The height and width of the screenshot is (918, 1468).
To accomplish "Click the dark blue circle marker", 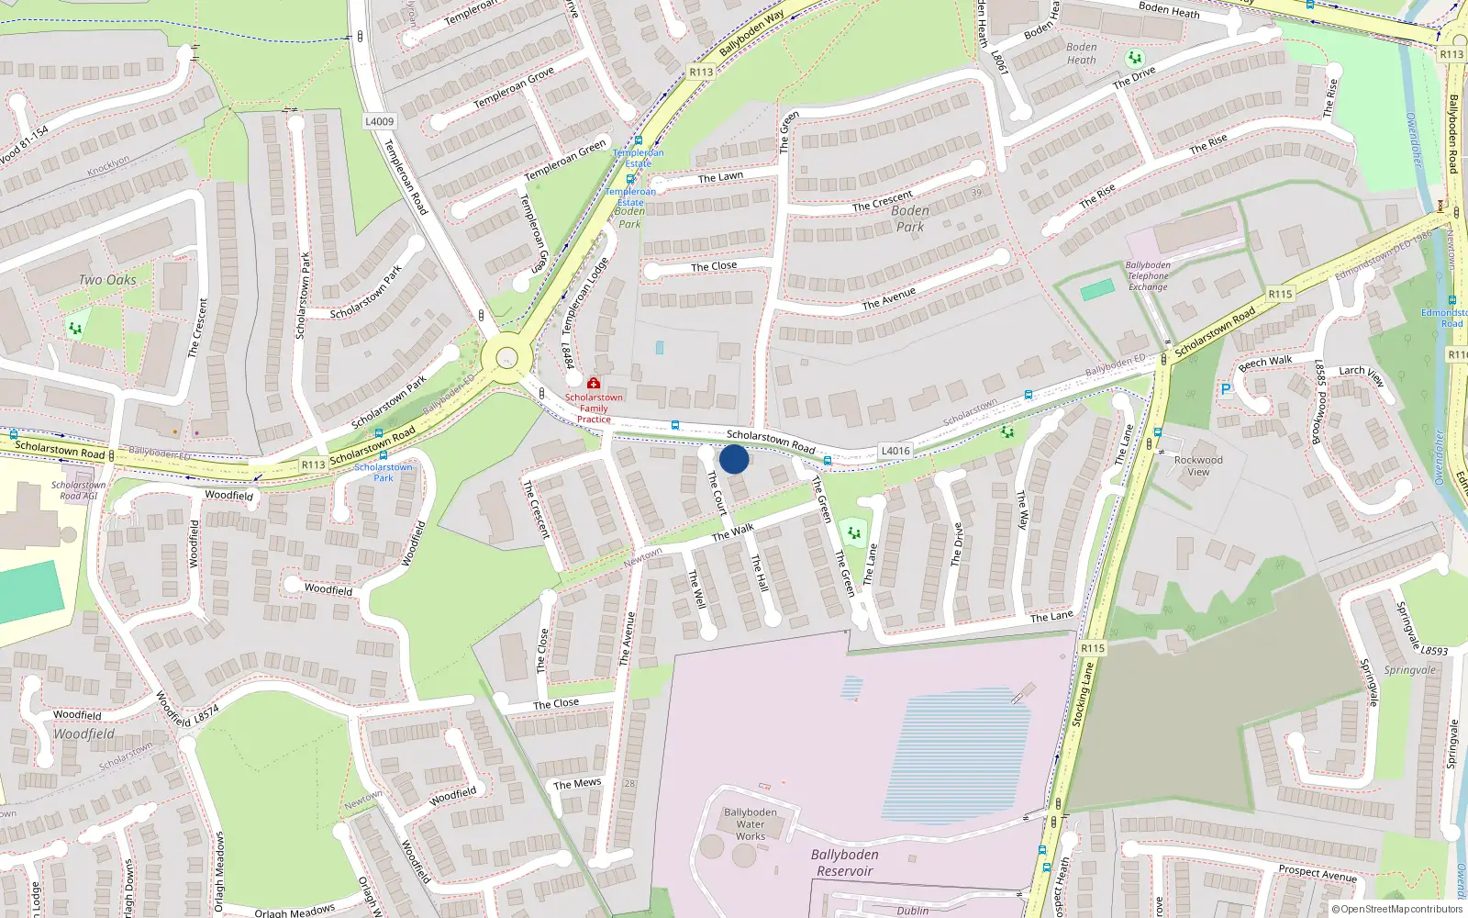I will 734,459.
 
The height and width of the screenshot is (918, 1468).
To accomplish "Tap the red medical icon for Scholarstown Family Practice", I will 594,383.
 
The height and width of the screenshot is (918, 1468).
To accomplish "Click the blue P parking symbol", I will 1225,390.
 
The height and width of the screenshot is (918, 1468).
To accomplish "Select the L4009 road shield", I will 379,121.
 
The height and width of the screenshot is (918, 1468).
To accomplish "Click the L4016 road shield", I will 895,451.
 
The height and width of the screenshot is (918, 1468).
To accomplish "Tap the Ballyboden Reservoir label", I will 844,863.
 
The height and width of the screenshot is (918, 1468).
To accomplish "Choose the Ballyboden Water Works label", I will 751,824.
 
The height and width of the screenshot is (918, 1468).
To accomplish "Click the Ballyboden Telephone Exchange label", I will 1148,275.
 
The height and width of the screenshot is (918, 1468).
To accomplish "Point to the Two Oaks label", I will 107,280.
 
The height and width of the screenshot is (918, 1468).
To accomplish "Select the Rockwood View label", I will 1198,465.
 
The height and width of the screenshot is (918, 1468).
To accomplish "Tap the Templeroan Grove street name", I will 514,88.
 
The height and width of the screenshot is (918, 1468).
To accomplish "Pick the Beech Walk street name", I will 1265,363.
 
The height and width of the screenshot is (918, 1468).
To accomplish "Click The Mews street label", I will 577,784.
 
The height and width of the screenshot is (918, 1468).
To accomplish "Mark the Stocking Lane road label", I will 1084,695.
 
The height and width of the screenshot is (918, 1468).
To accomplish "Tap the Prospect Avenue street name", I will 1318,873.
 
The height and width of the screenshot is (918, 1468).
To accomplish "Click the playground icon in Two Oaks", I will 75,327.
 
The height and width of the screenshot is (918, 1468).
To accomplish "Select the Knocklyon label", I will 108,166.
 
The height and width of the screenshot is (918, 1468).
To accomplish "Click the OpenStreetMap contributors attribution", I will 1397,909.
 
